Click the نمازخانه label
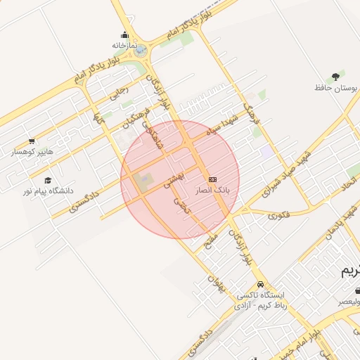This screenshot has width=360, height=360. coord(123,45)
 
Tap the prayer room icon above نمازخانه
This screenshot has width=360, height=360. coord(124,35)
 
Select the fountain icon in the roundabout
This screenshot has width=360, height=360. coord(141,51)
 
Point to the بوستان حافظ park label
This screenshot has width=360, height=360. coord(336,88)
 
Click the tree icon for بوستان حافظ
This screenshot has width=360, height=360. coord(336,77)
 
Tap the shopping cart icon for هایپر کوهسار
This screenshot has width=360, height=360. coord(32,141)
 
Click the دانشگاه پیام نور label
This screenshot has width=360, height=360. coord(49,191)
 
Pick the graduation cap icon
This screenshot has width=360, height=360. coord(48,181)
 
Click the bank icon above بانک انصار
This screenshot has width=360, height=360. coord(212,179)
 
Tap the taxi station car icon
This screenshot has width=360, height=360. coord(261,285)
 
